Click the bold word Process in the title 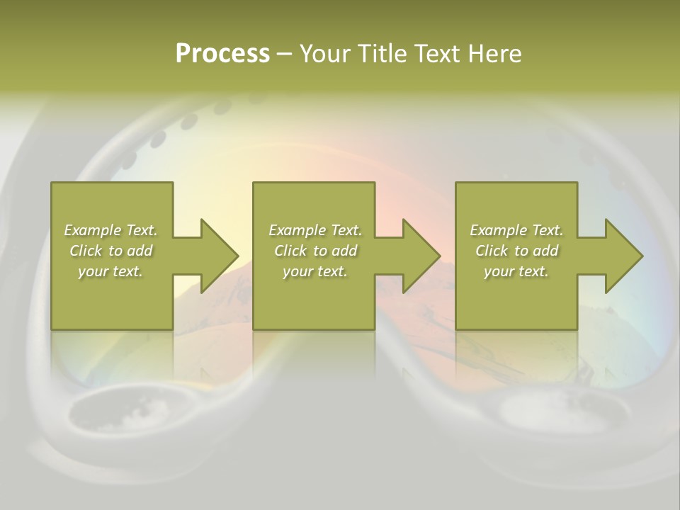click(222, 53)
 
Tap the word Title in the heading click(381, 53)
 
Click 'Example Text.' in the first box click(110, 230)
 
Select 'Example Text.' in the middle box click(315, 230)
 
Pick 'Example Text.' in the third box click(516, 230)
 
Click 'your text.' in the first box click(110, 271)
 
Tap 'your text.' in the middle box click(315, 271)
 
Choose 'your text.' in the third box click(516, 271)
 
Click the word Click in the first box click(86, 251)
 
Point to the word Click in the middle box click(290, 251)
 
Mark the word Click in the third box click(492, 251)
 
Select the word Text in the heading click(434, 53)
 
